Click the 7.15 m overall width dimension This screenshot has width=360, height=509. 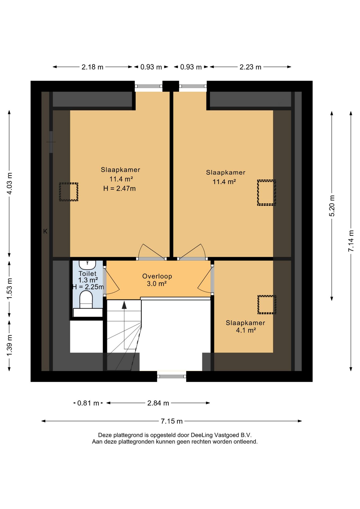pyautogui.click(x=172, y=421)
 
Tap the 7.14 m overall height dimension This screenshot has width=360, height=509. pyautogui.click(x=351, y=241)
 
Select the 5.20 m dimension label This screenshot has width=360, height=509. pyautogui.click(x=332, y=206)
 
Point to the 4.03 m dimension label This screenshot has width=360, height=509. pyautogui.click(x=10, y=183)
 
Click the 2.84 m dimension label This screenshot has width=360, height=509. pyautogui.click(x=158, y=403)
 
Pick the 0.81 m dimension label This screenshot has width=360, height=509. pyautogui.click(x=88, y=403)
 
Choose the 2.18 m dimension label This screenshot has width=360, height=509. pyautogui.click(x=93, y=67)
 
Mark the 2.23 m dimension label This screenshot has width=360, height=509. pyautogui.click(x=251, y=67)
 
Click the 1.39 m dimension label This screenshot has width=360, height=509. pyautogui.click(x=10, y=346)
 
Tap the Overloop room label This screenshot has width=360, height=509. pyautogui.click(x=157, y=276)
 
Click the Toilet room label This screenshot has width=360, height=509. pyautogui.click(x=87, y=273)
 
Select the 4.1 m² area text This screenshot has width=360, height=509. pyautogui.click(x=246, y=330)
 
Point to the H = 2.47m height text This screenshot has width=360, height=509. pyautogui.click(x=120, y=188)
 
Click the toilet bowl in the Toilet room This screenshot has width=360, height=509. pyautogui.click(x=86, y=300)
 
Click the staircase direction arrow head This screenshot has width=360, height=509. pyautogui.click(x=124, y=305)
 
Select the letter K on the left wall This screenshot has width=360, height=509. pyautogui.click(x=45, y=231)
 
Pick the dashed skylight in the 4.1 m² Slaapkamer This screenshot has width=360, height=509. pyautogui.click(x=267, y=305)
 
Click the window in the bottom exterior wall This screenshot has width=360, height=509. pyautogui.click(x=172, y=376)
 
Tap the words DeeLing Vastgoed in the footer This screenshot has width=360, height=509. pyautogui.click(x=215, y=435)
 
